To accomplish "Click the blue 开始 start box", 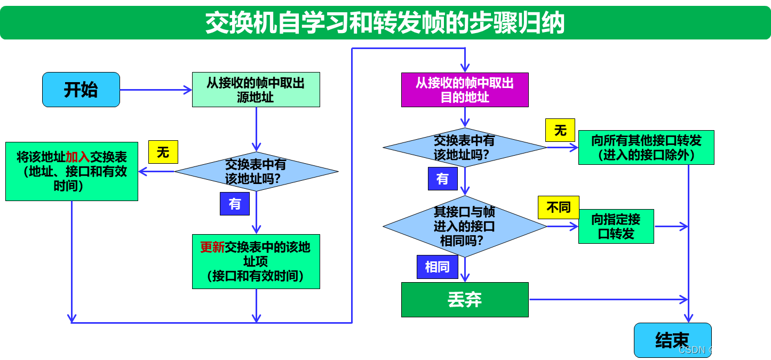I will pyautogui.click(x=81, y=90).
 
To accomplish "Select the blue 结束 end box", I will pyautogui.click(x=672, y=340).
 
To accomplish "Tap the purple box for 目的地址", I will pyautogui.click(x=465, y=90).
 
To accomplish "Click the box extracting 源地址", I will pyautogui.click(x=256, y=90).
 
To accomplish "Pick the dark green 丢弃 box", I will pyautogui.click(x=465, y=300).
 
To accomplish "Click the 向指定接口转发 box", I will pyautogui.click(x=616, y=226).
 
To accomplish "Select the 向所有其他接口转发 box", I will pyautogui.click(x=646, y=147).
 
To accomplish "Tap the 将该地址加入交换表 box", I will pyautogui.click(x=71, y=171).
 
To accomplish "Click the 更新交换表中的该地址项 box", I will pyautogui.click(x=256, y=261).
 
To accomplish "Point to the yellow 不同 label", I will pyautogui.click(x=558, y=207).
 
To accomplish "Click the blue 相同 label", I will pyautogui.click(x=437, y=267).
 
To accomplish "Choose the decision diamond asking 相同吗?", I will pyautogui.click(x=464, y=226).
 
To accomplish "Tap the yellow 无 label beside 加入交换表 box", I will pyautogui.click(x=163, y=153).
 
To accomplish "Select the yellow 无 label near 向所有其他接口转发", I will pyautogui.click(x=560, y=130).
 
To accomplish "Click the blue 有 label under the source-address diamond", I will pyautogui.click(x=235, y=204).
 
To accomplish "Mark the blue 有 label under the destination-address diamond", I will pyautogui.click(x=442, y=179).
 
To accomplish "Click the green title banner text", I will pyautogui.click(x=385, y=23).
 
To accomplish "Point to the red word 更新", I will pyautogui.click(x=212, y=247).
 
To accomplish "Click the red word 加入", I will pyautogui.click(x=77, y=157).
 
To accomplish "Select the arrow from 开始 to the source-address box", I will pyautogui.click(x=155, y=90).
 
